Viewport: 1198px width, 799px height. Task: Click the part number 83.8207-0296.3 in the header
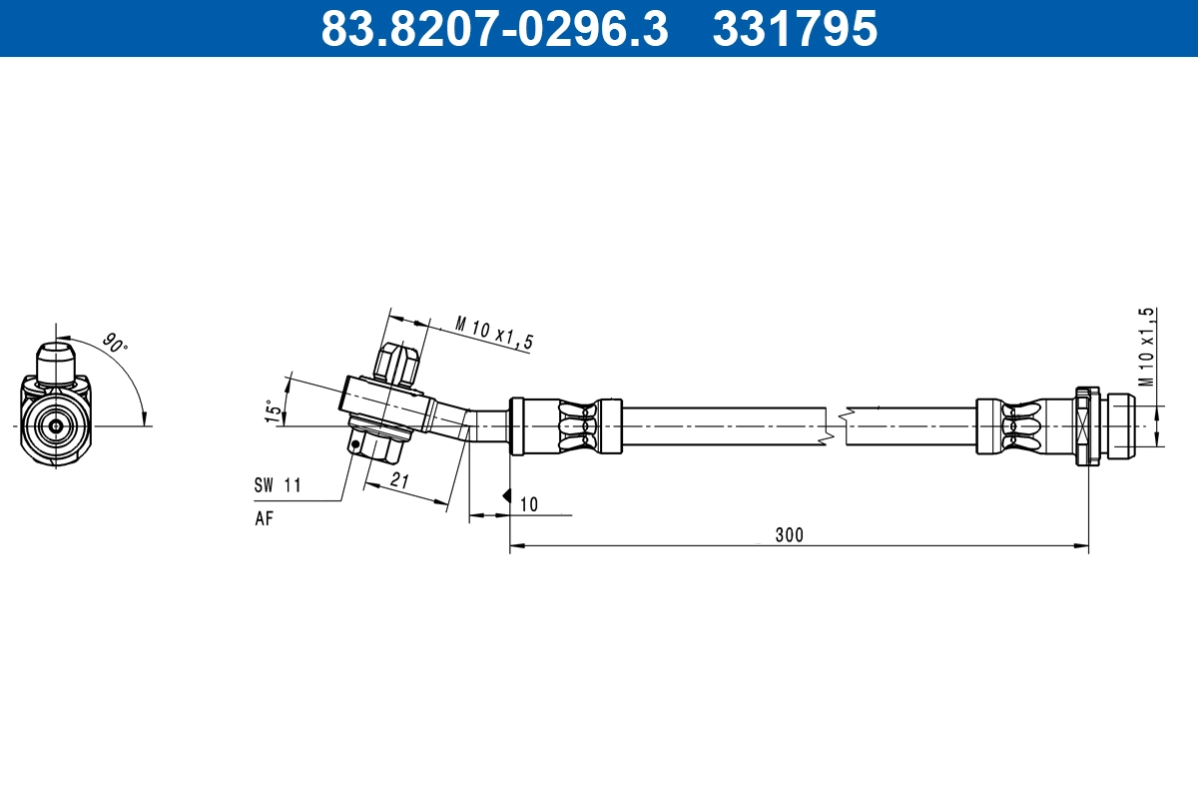coord(494,28)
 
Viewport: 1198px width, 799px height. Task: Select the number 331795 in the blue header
coord(795,28)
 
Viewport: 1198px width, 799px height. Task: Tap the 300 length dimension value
coord(789,534)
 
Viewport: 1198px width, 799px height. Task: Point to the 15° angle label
coord(270,411)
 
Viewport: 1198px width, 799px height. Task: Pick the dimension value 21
coord(400,480)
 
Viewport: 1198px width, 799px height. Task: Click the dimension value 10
coord(528,504)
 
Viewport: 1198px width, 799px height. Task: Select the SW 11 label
coord(278,485)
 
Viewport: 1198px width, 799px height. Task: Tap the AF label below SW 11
coord(264,517)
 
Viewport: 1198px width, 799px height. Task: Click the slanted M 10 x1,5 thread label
coord(493,333)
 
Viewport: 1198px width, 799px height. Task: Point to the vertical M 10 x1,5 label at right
coord(1147,347)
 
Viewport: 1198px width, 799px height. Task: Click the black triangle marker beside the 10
coord(507,495)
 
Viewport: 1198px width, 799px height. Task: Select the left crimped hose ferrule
coord(565,426)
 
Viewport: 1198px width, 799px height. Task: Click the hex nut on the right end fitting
coord(1087,426)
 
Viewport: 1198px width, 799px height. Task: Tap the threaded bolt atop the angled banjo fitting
coord(394,364)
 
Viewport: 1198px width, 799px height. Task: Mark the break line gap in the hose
coord(836,426)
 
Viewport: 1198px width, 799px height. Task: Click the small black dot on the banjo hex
coord(355,444)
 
